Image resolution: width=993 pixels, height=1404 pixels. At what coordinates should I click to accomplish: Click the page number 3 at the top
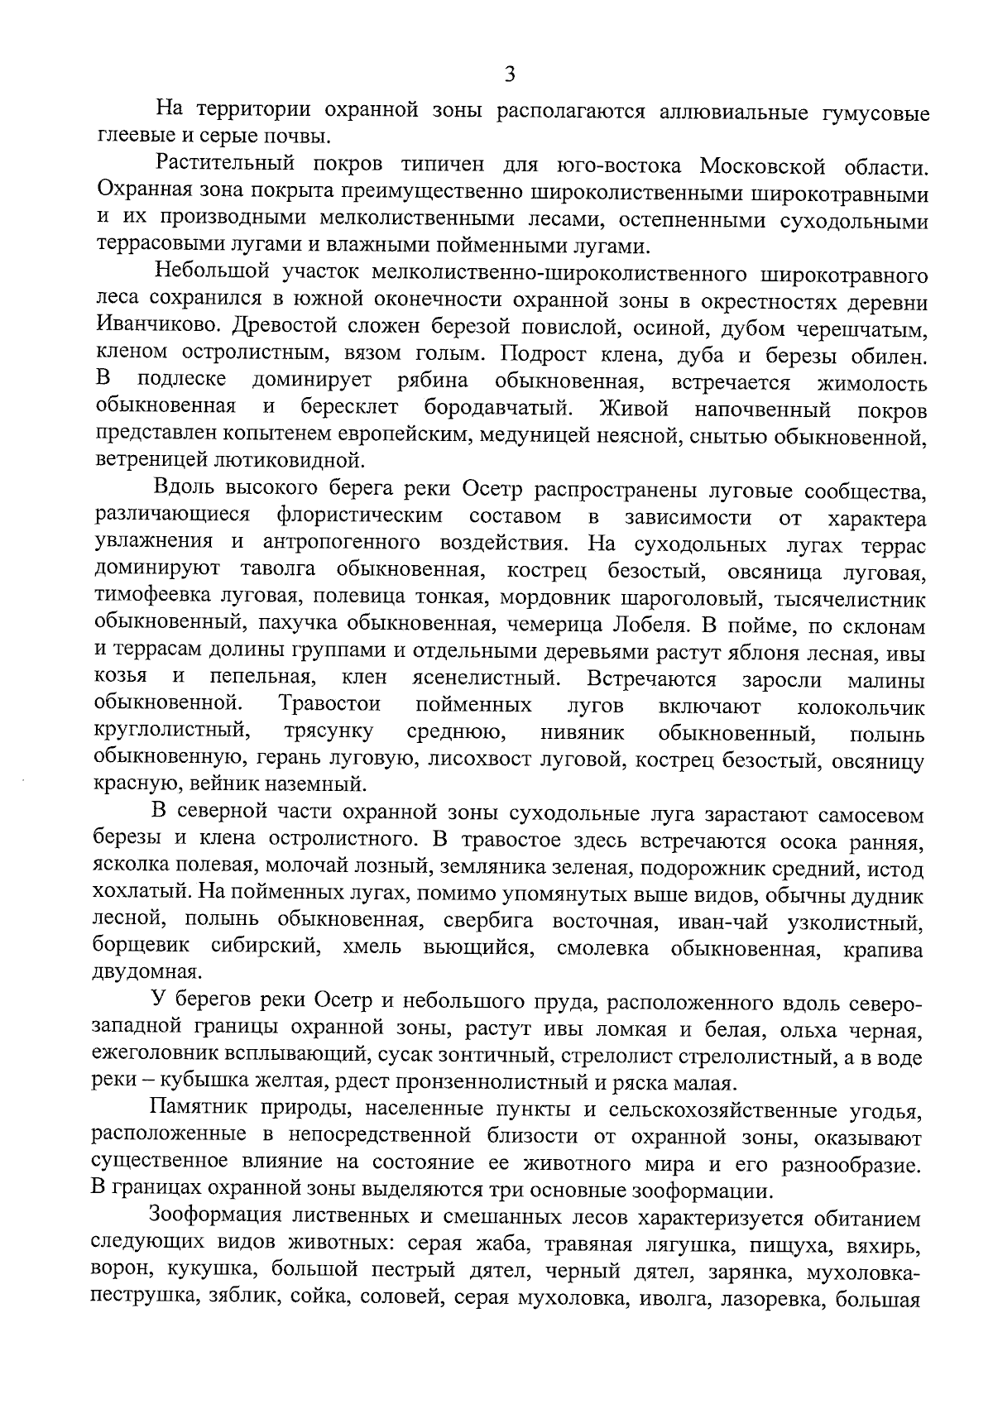[510, 74]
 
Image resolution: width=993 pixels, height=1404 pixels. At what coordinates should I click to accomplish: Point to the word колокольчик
[861, 708]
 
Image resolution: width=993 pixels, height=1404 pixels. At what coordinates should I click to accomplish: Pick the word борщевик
[141, 947]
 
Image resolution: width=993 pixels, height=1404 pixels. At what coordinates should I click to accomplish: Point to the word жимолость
[871, 383]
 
